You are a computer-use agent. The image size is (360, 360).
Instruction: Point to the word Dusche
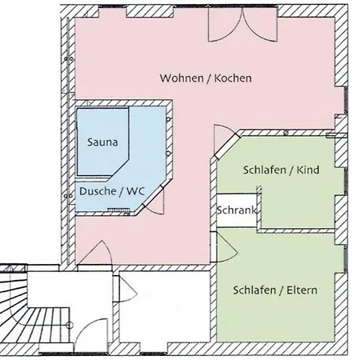95,192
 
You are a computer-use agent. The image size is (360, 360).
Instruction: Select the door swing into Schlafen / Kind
225,140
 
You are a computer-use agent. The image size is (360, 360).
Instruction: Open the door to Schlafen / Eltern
226,244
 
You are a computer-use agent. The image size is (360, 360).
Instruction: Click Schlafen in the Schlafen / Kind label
265,170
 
